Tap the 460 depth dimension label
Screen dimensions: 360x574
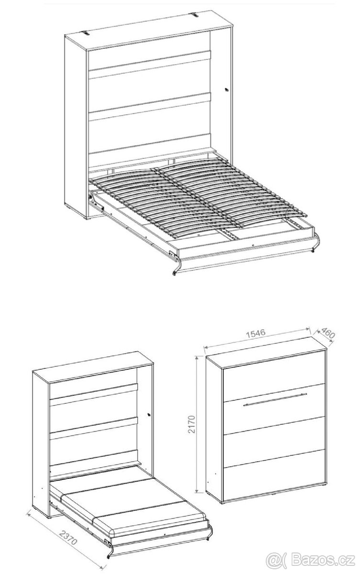[x=328, y=332]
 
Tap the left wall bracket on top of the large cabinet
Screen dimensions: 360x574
[x=86, y=33]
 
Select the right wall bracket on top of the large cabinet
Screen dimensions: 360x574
[x=196, y=15]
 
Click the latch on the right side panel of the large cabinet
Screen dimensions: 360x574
[x=226, y=90]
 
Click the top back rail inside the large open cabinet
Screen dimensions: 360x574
[x=150, y=61]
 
